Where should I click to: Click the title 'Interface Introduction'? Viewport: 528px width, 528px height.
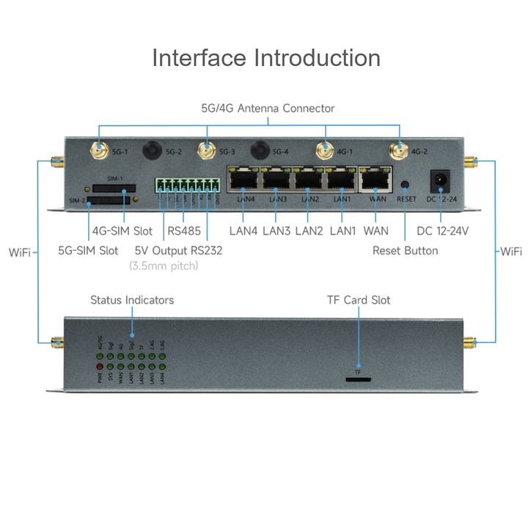[265, 58]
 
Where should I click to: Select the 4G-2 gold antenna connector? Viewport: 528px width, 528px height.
[399, 151]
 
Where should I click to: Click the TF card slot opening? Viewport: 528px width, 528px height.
[358, 380]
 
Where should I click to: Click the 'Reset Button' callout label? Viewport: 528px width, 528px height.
[405, 251]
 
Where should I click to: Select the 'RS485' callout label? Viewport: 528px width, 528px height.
[183, 231]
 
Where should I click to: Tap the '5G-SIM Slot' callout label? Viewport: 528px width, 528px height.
[88, 251]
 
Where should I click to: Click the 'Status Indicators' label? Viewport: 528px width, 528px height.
[132, 300]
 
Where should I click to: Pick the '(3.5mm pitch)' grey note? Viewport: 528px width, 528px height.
[164, 266]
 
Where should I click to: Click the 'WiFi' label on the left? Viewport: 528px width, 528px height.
[20, 252]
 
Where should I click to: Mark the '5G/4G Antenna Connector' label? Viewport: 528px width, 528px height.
[268, 109]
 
